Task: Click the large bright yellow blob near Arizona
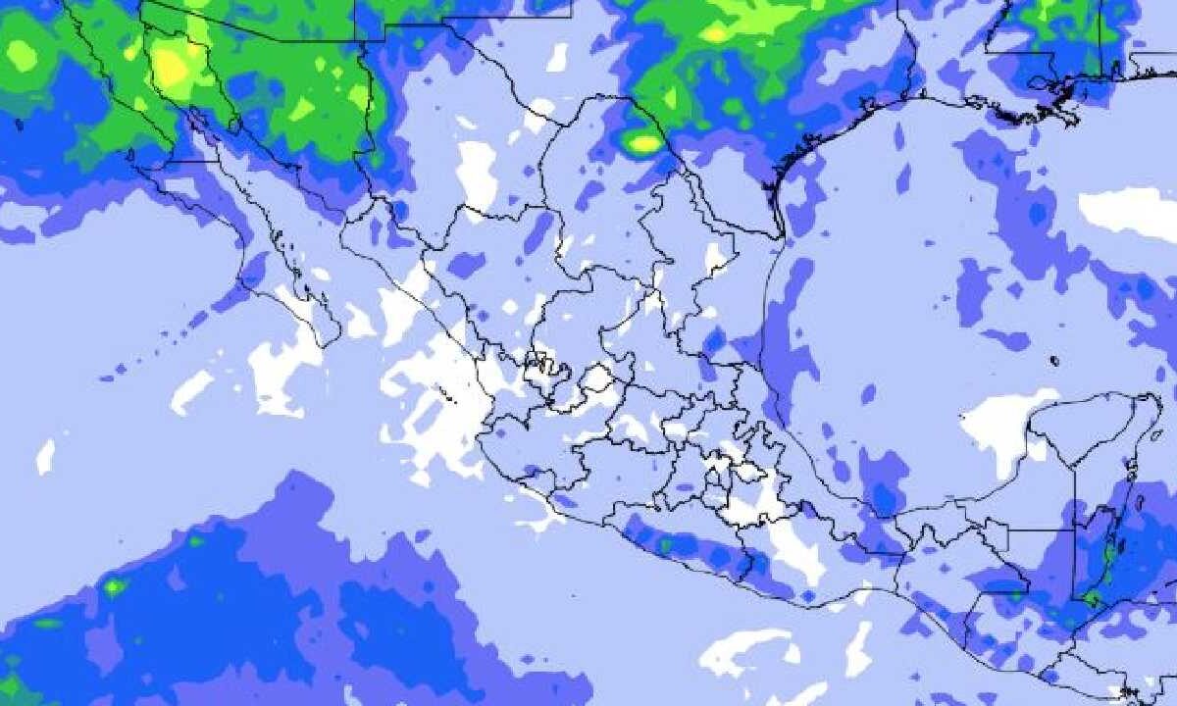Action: click(173, 66)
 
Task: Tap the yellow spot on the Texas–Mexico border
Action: click(643, 145)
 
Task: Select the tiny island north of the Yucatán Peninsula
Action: click(1054, 361)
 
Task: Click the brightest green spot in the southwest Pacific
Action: click(115, 586)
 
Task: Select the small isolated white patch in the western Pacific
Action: click(45, 456)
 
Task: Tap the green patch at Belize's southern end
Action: click(1091, 595)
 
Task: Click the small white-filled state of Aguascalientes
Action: click(596, 378)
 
